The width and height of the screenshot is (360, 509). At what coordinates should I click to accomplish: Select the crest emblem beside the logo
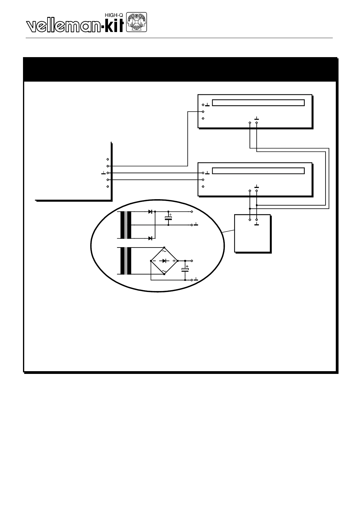click(136, 22)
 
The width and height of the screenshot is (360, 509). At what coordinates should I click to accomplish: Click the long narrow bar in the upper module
click(258, 103)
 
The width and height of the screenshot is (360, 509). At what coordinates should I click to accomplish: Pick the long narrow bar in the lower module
click(258, 171)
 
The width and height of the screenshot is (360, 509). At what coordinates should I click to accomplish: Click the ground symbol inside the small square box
click(257, 224)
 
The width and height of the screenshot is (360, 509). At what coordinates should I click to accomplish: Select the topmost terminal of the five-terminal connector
click(108, 159)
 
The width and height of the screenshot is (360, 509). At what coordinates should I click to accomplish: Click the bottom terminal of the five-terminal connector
click(108, 187)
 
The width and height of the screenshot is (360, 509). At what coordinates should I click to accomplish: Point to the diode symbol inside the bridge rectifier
click(164, 261)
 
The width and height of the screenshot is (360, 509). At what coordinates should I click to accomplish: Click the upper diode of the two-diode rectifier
click(150, 212)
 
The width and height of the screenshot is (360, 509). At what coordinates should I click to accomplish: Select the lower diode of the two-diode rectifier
click(150, 238)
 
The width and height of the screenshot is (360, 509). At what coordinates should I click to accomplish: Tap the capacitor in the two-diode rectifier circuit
click(169, 218)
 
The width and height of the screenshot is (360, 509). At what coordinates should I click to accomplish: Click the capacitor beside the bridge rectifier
click(185, 269)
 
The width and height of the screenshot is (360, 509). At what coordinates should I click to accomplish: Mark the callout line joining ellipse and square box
click(229, 231)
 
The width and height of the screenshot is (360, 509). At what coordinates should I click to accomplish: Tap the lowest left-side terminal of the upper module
click(203, 118)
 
